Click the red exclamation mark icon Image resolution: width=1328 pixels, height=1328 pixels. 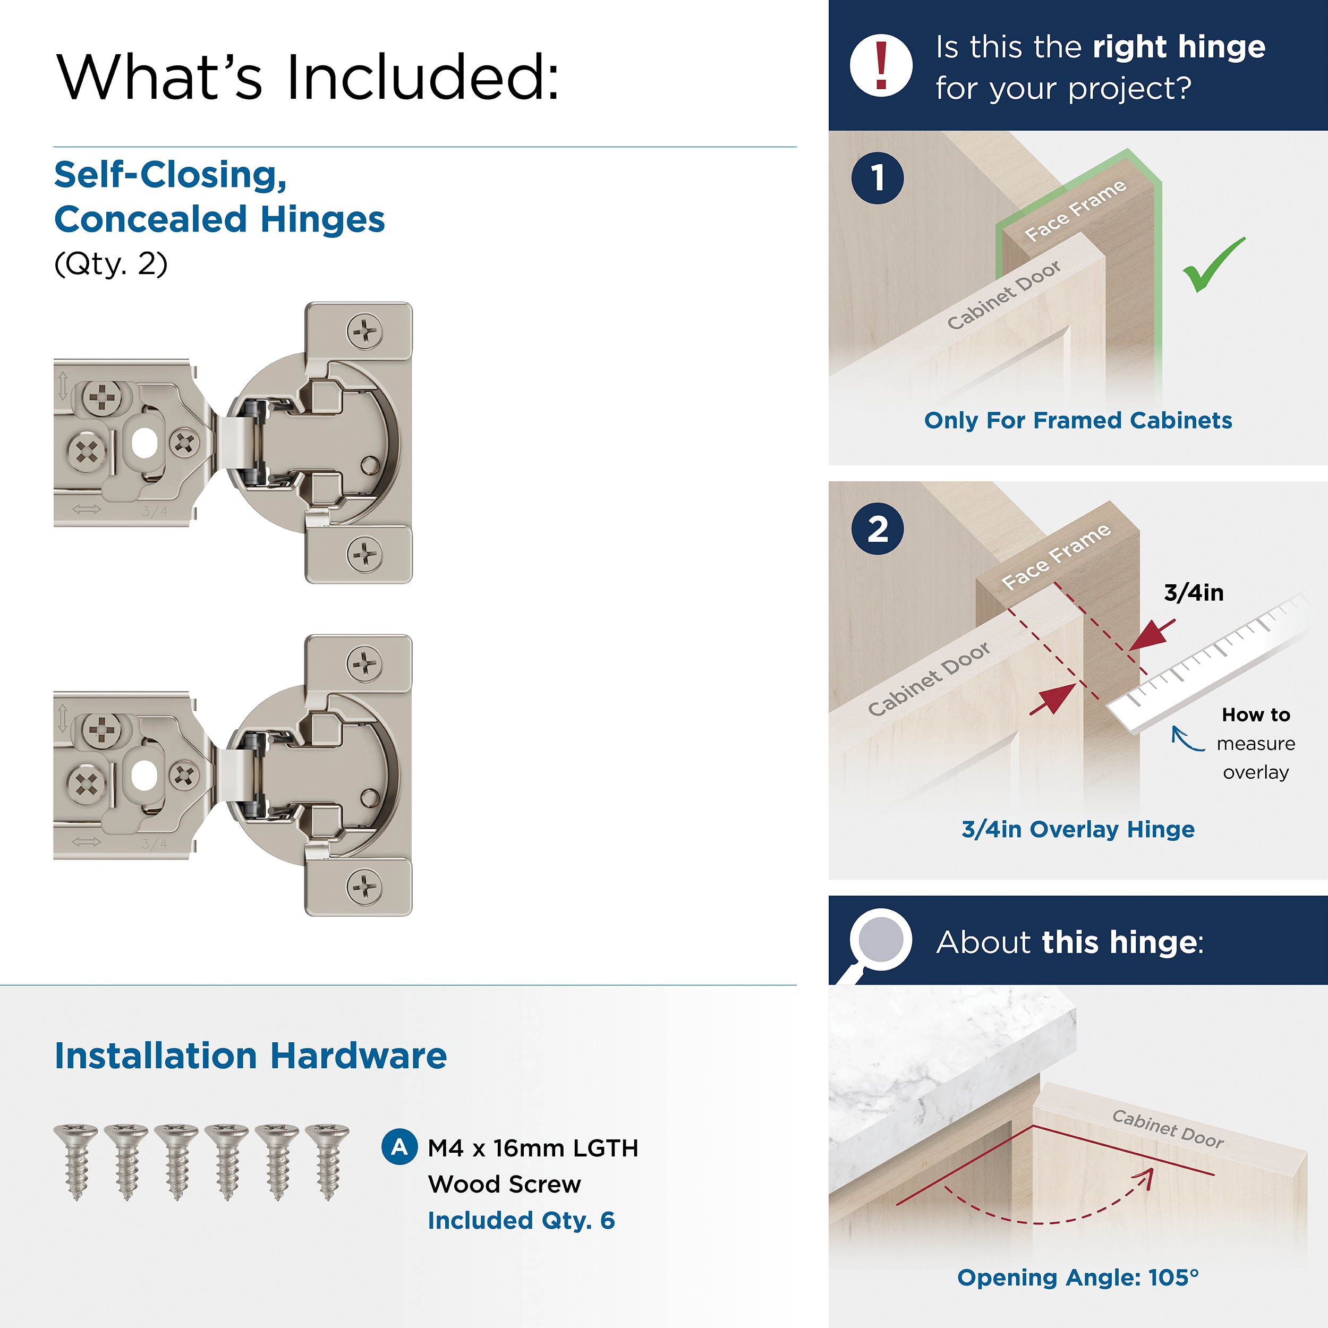881,65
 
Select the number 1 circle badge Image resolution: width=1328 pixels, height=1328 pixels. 877,178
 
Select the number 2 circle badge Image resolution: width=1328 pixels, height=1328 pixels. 877,529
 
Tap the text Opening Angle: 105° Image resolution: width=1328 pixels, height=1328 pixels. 1077,1277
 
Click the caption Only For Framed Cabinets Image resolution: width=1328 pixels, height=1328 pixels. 1077,420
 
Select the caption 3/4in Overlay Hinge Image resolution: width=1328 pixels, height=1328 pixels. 1077,829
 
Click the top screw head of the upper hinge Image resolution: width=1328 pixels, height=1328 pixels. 364,333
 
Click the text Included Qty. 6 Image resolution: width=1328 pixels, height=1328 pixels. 521,1220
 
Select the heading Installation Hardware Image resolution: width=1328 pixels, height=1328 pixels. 250,1056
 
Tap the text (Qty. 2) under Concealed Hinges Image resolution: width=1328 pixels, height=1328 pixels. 110,264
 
